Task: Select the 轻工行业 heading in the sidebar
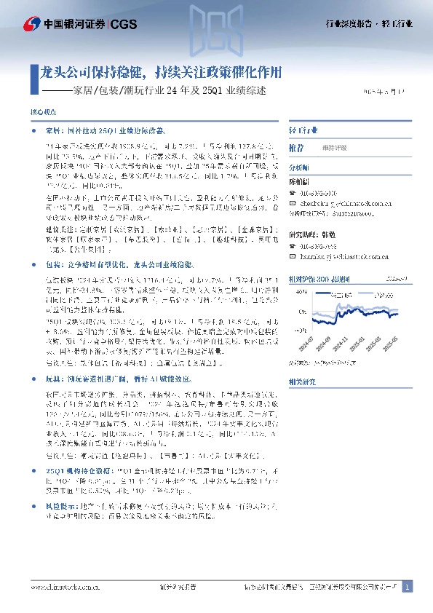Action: (x=303, y=130)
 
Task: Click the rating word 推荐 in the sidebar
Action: (x=297, y=146)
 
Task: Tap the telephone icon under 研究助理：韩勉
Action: (x=292, y=247)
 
